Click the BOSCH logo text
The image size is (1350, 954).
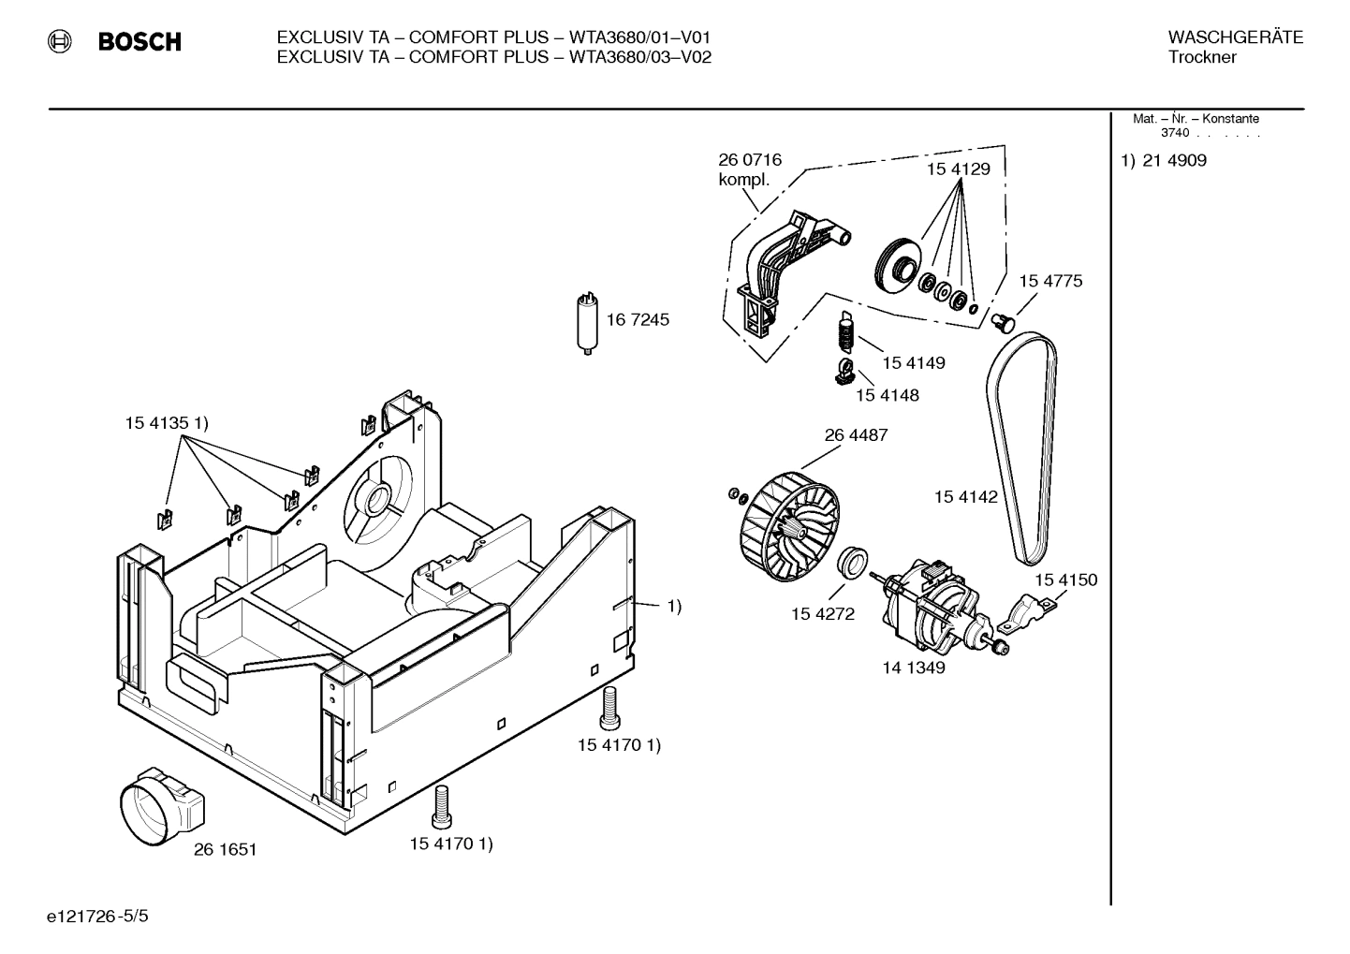139,42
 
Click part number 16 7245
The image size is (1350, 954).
638,320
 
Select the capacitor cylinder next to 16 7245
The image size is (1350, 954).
587,323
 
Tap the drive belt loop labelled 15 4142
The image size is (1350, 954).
1022,449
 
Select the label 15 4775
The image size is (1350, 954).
1050,281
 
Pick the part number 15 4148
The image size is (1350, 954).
887,395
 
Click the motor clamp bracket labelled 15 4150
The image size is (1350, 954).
1025,615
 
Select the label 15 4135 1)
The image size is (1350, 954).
167,423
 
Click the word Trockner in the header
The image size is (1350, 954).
1202,58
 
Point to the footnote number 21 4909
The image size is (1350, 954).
1174,161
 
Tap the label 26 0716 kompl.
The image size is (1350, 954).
749,169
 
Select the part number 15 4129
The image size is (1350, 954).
958,169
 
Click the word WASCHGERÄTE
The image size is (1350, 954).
1235,37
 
